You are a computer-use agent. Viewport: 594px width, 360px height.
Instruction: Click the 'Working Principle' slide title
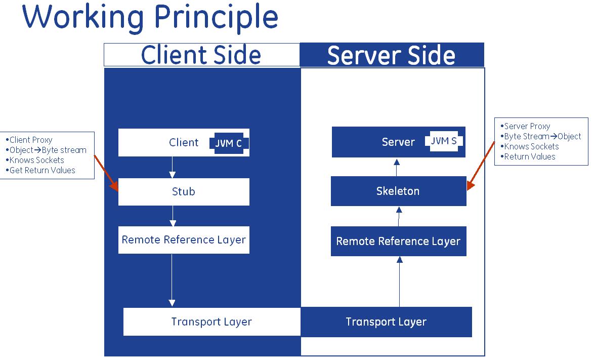coord(150,18)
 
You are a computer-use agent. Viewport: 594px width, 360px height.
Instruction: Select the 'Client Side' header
coord(201,55)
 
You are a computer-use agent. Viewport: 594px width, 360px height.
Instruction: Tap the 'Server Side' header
coord(392,55)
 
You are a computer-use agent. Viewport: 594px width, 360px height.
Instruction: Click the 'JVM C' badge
coord(229,143)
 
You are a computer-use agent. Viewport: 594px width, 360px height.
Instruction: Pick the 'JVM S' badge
coord(444,141)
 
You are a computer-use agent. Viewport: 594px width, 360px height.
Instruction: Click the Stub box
coord(184,192)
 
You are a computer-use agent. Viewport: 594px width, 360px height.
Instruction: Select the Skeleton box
coord(399,191)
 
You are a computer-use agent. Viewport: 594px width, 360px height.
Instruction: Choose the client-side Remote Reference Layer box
coord(184,240)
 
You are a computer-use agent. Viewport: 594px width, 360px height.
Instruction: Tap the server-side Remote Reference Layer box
coord(399,242)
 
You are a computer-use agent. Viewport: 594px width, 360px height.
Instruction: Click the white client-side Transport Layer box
coord(212,322)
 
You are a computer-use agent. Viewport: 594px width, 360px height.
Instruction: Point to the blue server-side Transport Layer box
coord(386,322)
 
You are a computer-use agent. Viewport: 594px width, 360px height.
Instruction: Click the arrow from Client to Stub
coord(173,167)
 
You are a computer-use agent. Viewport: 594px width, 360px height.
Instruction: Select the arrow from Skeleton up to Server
coord(397,168)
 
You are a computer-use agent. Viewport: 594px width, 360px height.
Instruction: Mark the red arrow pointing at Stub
coord(106,173)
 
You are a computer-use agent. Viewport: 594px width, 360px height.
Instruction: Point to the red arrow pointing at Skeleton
coord(481,166)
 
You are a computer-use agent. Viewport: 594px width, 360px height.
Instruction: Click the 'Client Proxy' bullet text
coord(31,140)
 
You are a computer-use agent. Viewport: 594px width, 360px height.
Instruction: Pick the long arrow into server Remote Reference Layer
coord(399,282)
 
